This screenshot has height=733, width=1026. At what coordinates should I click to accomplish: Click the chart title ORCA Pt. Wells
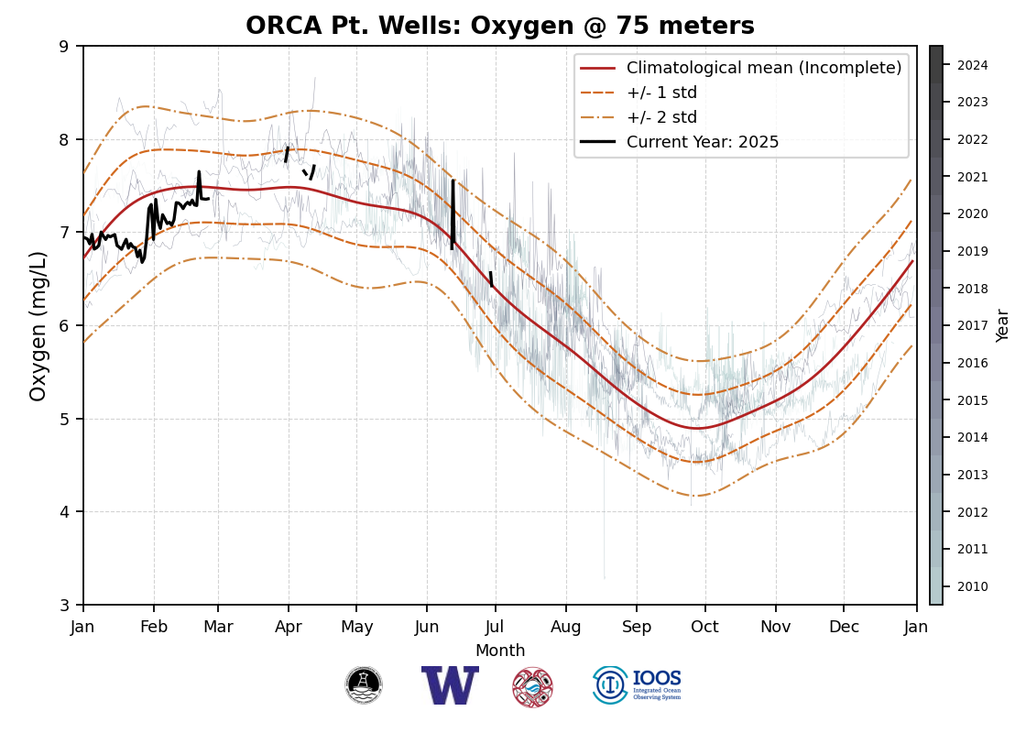tap(500, 26)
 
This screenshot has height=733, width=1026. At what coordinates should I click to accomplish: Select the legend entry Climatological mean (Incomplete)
tap(764, 68)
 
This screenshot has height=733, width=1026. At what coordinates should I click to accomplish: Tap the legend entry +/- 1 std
tap(661, 93)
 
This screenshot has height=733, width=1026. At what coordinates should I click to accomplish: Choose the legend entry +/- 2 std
tap(661, 117)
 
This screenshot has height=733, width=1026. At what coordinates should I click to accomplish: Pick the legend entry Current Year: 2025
tap(702, 142)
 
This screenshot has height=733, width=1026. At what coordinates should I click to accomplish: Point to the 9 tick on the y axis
tap(64, 46)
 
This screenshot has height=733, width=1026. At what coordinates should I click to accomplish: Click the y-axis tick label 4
tap(64, 511)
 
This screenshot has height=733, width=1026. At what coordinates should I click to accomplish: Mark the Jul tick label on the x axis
tap(496, 627)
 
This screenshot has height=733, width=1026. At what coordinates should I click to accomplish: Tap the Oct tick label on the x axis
tap(704, 627)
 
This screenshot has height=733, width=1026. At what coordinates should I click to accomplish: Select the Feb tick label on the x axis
tap(153, 627)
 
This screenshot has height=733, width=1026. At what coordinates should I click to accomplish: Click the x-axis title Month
tap(500, 651)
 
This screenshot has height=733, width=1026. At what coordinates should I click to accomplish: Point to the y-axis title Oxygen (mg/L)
tap(38, 325)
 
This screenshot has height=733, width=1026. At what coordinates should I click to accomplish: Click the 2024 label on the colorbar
tap(972, 65)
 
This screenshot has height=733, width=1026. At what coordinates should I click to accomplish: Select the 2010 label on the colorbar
tap(972, 586)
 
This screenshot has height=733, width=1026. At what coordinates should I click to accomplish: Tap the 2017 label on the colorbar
tap(972, 325)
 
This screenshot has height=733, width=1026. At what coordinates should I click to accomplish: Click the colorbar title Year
tap(1003, 325)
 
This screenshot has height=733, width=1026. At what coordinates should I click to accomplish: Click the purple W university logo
tap(450, 685)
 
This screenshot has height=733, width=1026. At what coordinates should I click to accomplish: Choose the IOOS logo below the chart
tap(638, 685)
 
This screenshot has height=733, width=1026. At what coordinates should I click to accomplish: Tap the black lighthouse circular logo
tap(364, 685)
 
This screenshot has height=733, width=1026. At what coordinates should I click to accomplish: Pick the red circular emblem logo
tap(532, 686)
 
